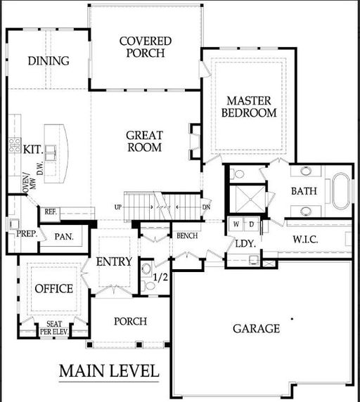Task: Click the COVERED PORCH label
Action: [x=146, y=47]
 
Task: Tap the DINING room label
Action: [x=49, y=61]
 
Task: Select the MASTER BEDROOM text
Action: [x=249, y=107]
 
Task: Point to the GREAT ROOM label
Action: [x=145, y=141]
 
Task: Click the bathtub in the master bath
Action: [x=341, y=191]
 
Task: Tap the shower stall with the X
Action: [x=250, y=199]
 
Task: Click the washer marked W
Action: [x=236, y=224]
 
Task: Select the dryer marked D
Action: [x=252, y=224]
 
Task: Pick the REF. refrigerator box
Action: [x=51, y=212]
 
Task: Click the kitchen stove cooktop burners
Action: [x=15, y=145]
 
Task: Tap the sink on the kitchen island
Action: [x=50, y=153]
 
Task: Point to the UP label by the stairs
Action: [x=118, y=207]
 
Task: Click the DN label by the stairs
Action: [x=206, y=207]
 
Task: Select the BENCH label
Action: [x=187, y=235]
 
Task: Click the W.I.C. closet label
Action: [x=305, y=240]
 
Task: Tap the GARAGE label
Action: [x=257, y=328]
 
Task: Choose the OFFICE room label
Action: [x=54, y=289]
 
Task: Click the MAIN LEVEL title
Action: [x=109, y=371]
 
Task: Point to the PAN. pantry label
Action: [x=64, y=237]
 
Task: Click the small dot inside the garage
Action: [x=292, y=319]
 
